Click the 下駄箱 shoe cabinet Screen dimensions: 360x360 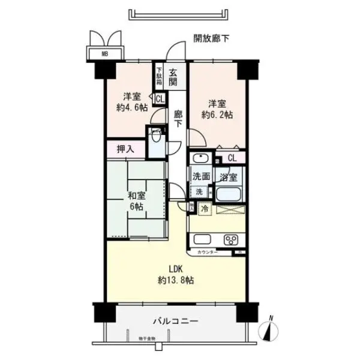click(159, 76)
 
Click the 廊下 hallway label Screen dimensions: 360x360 click(178, 118)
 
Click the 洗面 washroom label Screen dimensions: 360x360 click(201, 177)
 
